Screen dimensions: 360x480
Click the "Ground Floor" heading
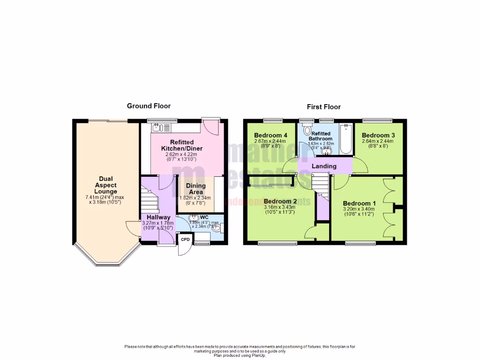[149, 106]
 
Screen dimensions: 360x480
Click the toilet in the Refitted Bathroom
[308, 130]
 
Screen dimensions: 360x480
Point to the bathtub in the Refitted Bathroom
[346, 139]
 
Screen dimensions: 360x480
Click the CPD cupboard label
[186, 240]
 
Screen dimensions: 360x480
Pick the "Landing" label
[324, 166]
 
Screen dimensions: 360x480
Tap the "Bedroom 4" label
[270, 135]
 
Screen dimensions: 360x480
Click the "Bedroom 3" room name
[378, 135]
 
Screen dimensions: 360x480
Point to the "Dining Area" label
[195, 189]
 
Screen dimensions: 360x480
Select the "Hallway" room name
[158, 217]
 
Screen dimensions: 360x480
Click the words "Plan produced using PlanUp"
[240, 355]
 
